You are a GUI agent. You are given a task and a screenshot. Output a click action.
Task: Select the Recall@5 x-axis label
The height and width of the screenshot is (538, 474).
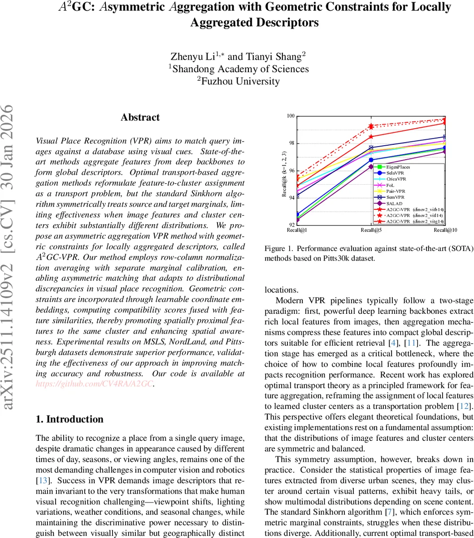click(x=371, y=230)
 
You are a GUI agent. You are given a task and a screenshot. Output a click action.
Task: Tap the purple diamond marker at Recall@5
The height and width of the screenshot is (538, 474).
click(x=371, y=167)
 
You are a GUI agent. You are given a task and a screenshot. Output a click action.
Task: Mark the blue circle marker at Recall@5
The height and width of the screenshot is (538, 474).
click(x=371, y=160)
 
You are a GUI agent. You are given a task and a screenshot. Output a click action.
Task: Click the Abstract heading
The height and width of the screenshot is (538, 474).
click(x=140, y=117)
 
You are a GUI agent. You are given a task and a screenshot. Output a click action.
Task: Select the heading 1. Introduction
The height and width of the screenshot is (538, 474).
click(x=70, y=419)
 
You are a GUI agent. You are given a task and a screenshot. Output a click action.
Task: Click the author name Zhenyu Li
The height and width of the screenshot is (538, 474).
click(x=198, y=56)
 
